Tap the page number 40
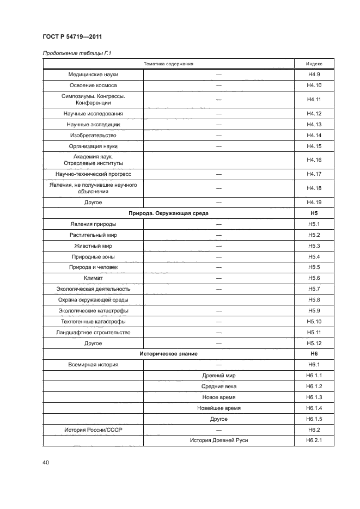tap(46, 463)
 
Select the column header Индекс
tap(314, 64)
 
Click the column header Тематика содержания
tap(169, 64)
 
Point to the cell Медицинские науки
tap(93, 74)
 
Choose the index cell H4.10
tap(314, 85)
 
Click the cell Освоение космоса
tap(93, 85)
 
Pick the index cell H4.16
tap(314, 160)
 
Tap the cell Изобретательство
tap(93, 135)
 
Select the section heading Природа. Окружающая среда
tap(169, 213)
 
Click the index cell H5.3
tap(314, 246)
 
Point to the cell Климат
tap(93, 278)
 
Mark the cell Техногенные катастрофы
tap(93, 321)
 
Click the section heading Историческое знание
tap(169, 354)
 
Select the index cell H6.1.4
tap(314, 408)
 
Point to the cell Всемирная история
tap(93, 365)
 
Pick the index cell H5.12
tap(314, 343)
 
